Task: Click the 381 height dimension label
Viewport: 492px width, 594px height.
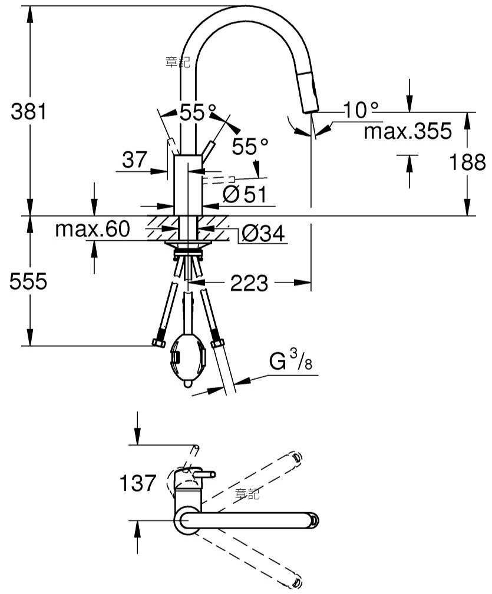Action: (28, 111)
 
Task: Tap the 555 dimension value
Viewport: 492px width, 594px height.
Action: (28, 281)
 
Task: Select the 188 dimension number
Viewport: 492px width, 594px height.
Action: (467, 162)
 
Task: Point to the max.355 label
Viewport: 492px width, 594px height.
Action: (408, 131)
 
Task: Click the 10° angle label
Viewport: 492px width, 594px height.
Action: (361, 110)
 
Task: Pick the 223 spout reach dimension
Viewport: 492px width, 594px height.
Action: (249, 283)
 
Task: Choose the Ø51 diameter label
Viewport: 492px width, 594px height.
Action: (245, 194)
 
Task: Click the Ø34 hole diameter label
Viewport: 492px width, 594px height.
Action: (263, 233)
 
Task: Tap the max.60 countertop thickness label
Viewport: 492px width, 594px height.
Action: (93, 229)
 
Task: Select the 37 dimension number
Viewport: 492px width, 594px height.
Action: (134, 160)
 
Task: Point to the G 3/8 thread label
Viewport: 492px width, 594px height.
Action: (290, 360)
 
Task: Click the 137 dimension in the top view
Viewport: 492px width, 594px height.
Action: (137, 483)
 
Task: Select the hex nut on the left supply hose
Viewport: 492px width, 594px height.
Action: (159, 343)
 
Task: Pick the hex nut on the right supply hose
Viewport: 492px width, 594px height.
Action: (217, 343)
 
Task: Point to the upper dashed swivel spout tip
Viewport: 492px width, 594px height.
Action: (297, 458)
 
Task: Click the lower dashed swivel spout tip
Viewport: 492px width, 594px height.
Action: (297, 583)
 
